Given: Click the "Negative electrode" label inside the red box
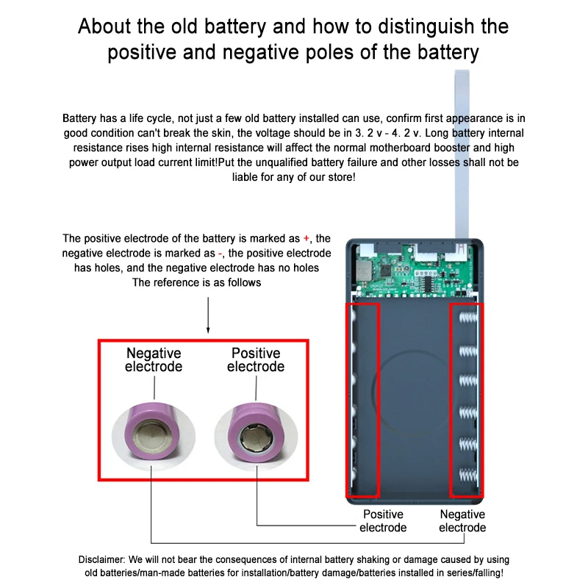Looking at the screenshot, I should [x=154, y=360].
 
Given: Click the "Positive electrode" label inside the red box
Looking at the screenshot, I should [x=255, y=360].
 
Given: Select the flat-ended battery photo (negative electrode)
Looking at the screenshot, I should [x=152, y=433].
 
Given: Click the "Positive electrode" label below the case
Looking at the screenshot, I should [x=383, y=521].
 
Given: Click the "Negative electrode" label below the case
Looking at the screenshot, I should [x=462, y=521].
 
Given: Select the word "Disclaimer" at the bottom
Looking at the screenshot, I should [x=104, y=560].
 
